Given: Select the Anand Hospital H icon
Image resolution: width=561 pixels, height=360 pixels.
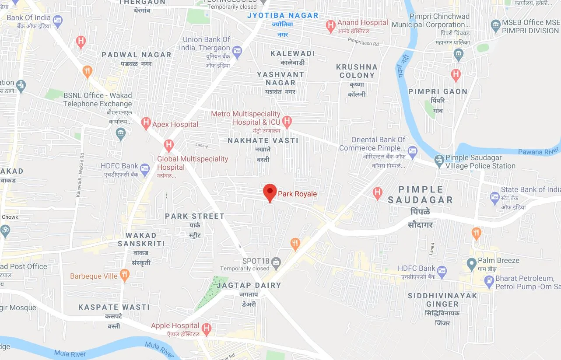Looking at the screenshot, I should [x=331, y=26].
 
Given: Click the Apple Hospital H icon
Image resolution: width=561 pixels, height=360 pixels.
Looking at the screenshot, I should [x=206, y=328].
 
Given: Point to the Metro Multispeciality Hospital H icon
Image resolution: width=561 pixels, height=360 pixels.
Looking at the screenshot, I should [x=287, y=122].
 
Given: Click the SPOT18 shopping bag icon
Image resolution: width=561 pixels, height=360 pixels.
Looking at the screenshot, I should [x=276, y=262].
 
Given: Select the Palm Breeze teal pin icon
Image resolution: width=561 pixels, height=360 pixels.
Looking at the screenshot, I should [x=471, y=263].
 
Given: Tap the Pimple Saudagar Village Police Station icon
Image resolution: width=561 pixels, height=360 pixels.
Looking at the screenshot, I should [x=439, y=161].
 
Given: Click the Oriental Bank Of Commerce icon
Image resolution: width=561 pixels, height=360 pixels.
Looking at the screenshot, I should [x=412, y=152].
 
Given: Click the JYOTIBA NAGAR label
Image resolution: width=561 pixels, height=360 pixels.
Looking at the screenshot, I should [x=283, y=15].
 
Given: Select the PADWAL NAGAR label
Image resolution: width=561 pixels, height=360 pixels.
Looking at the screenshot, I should [x=137, y=55].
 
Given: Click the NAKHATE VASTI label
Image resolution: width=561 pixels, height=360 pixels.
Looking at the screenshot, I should [x=263, y=140].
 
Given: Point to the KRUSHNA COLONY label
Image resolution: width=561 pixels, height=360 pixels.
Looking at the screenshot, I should [x=357, y=71].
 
